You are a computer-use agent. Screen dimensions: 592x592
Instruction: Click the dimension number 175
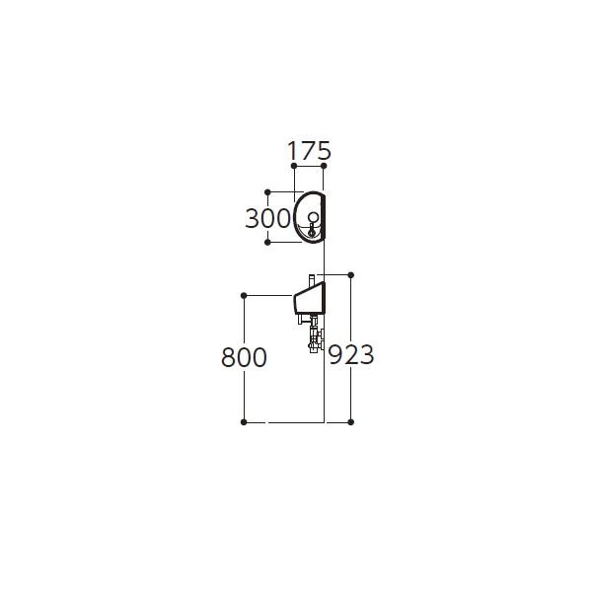309,151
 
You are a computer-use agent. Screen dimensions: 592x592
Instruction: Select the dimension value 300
268,219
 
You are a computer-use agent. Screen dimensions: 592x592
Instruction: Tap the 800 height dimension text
244,357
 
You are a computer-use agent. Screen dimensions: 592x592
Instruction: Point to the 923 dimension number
350,355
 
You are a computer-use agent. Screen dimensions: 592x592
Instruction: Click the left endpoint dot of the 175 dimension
294,166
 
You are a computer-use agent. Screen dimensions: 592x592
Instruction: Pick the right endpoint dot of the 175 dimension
324,166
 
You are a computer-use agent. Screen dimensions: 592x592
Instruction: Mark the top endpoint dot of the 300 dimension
267,192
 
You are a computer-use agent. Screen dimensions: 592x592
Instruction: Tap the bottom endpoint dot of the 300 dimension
267,242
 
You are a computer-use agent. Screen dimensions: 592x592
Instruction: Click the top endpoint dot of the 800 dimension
244,295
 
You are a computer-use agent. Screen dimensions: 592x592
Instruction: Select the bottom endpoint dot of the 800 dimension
244,422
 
